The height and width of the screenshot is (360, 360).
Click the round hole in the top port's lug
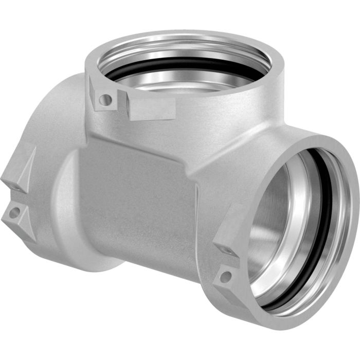tap(105, 99)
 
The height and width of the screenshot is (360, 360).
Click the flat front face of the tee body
tap(139, 201)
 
